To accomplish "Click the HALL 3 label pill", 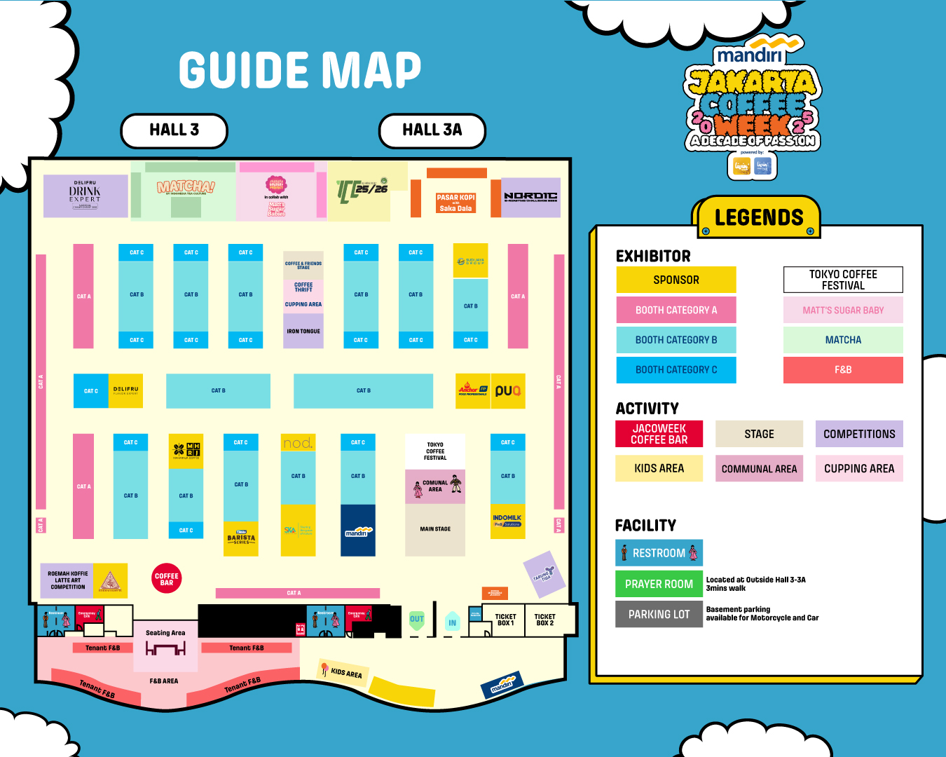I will pyautogui.click(x=174, y=130).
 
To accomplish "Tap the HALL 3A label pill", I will pyautogui.click(x=432, y=130).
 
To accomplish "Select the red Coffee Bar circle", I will pyautogui.click(x=167, y=579).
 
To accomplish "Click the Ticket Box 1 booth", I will pyautogui.click(x=505, y=620).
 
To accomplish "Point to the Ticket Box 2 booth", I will pyautogui.click(x=544, y=620).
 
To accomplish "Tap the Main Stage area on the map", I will pyautogui.click(x=435, y=530).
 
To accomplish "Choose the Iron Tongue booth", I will pyautogui.click(x=303, y=332).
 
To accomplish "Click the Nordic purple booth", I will pyautogui.click(x=530, y=197).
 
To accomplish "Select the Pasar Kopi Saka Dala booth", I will pyautogui.click(x=455, y=203).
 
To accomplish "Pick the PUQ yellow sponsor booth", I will pyautogui.click(x=508, y=391).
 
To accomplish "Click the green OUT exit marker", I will pyautogui.click(x=417, y=619).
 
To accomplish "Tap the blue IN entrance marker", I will pyautogui.click(x=452, y=622).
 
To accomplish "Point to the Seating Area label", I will pyautogui.click(x=165, y=633).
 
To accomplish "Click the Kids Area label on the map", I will pyautogui.click(x=345, y=673).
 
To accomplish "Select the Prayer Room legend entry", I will pyautogui.click(x=659, y=584).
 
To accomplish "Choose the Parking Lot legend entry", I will pyautogui.click(x=659, y=614).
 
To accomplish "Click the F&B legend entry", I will pyautogui.click(x=843, y=369).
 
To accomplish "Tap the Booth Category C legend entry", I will pyautogui.click(x=676, y=369).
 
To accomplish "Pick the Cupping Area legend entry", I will pyautogui.click(x=859, y=468).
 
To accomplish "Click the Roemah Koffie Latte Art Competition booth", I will pyautogui.click(x=68, y=580).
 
